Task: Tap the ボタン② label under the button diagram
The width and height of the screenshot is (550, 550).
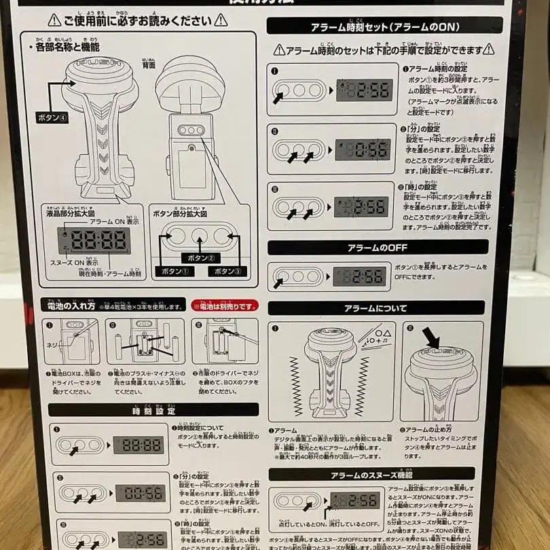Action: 200,259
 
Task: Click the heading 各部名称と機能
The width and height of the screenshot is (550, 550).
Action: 67,47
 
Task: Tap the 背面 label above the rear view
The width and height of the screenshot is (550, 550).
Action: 148,65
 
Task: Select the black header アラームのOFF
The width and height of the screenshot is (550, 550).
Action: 377,247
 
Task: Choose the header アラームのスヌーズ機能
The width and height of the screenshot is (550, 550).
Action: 377,475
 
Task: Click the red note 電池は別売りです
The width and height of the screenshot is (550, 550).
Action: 225,306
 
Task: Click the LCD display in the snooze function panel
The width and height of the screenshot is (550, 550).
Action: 355,500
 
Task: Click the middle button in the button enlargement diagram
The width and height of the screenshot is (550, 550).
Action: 200,236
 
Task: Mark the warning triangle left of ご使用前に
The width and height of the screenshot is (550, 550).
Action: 53,21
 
